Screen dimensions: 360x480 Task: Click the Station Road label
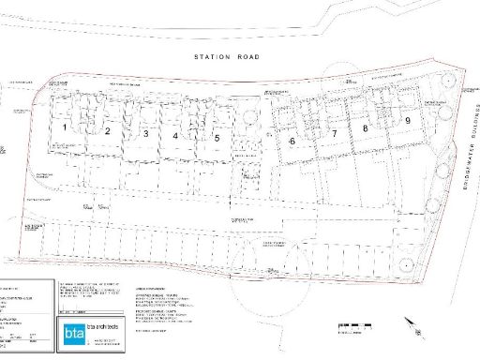tap(226, 57)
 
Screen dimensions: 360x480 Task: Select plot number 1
tap(65, 125)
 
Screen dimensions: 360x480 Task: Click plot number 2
tap(108, 131)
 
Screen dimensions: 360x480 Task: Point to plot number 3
tap(145, 134)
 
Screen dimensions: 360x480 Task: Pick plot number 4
tap(175, 135)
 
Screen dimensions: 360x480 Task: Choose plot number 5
tap(217, 138)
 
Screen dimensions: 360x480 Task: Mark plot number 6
tap(292, 141)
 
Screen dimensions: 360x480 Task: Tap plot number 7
tap(333, 135)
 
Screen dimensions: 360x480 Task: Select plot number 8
tap(365, 128)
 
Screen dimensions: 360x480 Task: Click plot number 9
tap(408, 120)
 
